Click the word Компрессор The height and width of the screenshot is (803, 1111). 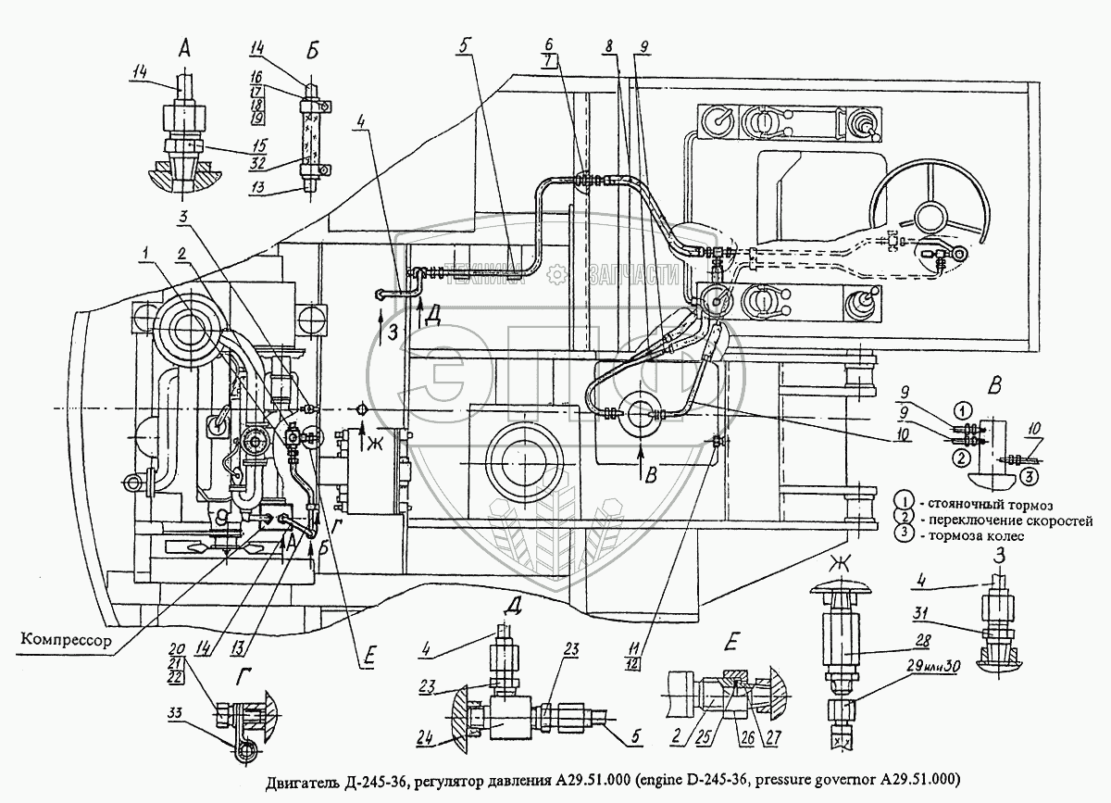pos(63,640)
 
